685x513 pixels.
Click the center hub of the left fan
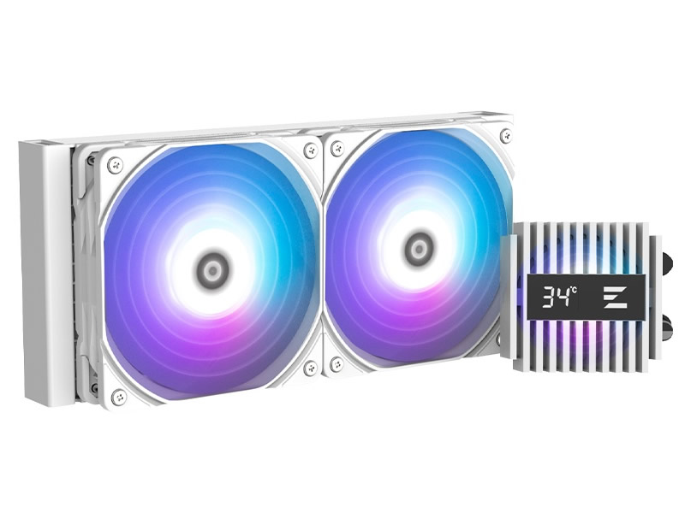[x=212, y=270]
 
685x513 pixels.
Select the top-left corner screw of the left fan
[x=116, y=163]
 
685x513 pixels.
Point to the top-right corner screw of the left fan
[x=311, y=150]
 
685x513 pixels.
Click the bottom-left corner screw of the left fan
[x=119, y=396]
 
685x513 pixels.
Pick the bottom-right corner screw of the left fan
[x=311, y=368]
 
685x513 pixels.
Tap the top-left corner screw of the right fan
[x=337, y=149]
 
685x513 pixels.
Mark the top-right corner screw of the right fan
[x=506, y=133]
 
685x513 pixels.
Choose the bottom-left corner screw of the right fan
[x=337, y=363]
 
